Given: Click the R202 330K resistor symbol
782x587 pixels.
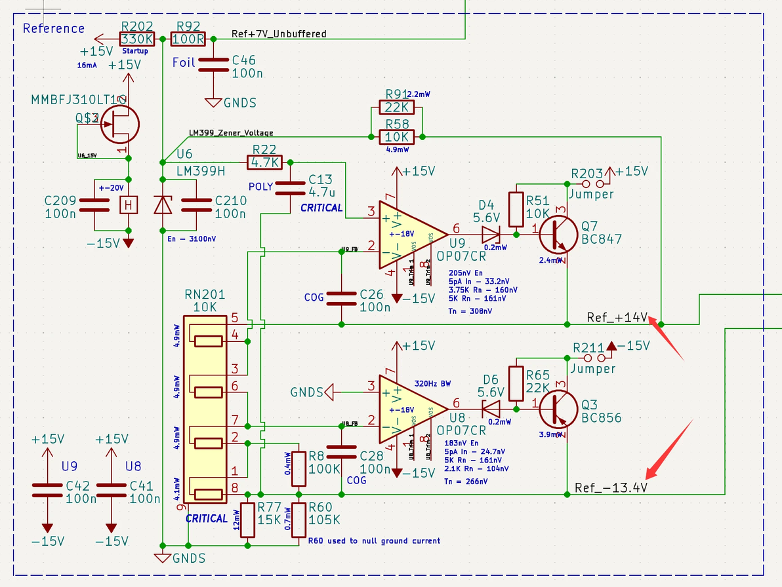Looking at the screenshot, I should [x=137, y=39].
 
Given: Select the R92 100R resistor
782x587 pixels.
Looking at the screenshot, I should [x=188, y=39].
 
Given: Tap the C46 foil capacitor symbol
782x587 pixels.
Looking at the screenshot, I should [x=215, y=66].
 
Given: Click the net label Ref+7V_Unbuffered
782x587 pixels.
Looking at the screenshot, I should [x=279, y=33].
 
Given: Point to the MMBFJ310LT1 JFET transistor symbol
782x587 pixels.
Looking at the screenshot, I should [x=120, y=123].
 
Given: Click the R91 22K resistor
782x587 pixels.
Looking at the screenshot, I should [x=396, y=107].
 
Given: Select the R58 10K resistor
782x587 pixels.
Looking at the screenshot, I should [x=396, y=137].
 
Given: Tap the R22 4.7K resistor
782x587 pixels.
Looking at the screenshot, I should [x=264, y=162].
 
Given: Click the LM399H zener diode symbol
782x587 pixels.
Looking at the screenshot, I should [x=162, y=205].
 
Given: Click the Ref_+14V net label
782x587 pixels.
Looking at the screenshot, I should [x=617, y=318].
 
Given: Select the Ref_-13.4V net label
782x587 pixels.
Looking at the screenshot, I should [x=611, y=488].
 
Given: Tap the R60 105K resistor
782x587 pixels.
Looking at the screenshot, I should [x=299, y=520].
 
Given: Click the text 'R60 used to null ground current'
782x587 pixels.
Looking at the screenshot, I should [x=374, y=540].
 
